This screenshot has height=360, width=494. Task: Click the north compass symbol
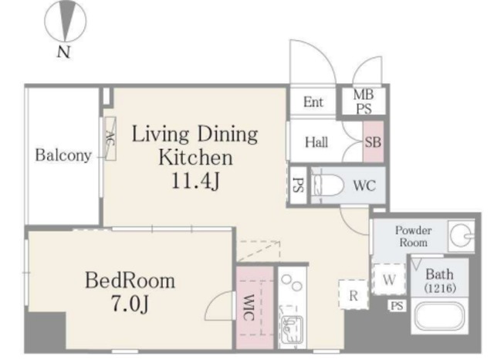pyautogui.click(x=65, y=21)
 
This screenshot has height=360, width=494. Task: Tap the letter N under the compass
pyautogui.click(x=63, y=52)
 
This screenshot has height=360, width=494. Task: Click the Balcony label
pyautogui.click(x=63, y=155)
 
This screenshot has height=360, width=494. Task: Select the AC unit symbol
pyautogui.click(x=110, y=139)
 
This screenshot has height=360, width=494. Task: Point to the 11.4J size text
pyautogui.click(x=195, y=181)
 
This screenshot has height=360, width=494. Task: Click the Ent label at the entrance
pyautogui.click(x=313, y=102)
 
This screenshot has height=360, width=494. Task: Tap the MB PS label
pyautogui.click(x=364, y=101)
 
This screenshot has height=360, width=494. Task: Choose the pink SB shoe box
pyautogui.click(x=373, y=142)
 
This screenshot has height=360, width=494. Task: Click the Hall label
pyautogui.click(x=316, y=142)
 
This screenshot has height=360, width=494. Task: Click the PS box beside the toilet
pyautogui.click(x=298, y=185)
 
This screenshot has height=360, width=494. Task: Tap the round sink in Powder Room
pyautogui.click(x=460, y=236)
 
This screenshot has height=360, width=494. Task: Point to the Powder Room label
pyautogui.click(x=414, y=236)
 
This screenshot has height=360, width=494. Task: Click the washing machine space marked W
pyautogui.click(x=389, y=280)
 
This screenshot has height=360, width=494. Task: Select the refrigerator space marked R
pyautogui.click(x=354, y=295)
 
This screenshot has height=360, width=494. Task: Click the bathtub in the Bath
pyautogui.click(x=440, y=315)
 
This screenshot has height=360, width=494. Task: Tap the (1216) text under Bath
pyautogui.click(x=440, y=288)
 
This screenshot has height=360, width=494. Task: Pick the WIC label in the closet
pyautogui.click(x=249, y=307)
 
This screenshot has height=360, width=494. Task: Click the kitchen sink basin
pyautogui.click(x=292, y=328)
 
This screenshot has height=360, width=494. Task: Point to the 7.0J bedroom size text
pyautogui.click(x=130, y=304)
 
